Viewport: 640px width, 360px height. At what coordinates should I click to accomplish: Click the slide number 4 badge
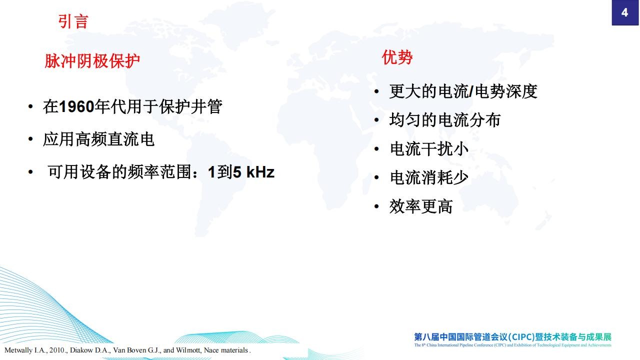pyautogui.click(x=625, y=12)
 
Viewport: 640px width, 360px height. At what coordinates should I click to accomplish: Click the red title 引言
pyautogui.click(x=73, y=21)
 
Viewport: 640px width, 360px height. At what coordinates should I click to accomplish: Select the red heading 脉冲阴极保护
pyautogui.click(x=92, y=61)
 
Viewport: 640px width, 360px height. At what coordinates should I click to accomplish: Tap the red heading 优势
pyautogui.click(x=397, y=57)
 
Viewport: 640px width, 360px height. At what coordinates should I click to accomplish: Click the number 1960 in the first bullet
pyautogui.click(x=76, y=106)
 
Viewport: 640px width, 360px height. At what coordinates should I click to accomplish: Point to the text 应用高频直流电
pyautogui.click(x=98, y=139)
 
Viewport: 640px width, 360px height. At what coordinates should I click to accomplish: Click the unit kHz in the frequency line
pyautogui.click(x=260, y=172)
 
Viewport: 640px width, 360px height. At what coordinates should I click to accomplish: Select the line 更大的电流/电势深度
pyautogui.click(x=463, y=91)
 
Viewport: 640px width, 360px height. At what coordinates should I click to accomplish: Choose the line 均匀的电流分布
pyautogui.click(x=445, y=119)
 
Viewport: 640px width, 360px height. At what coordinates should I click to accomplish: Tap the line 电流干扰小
pyautogui.click(x=429, y=149)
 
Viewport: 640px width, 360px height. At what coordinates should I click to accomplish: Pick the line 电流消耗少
pyautogui.click(x=429, y=177)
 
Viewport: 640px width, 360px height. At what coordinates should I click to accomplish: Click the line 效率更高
pyautogui.click(x=421, y=206)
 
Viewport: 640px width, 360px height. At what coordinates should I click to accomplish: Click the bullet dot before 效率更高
pyautogui.click(x=376, y=206)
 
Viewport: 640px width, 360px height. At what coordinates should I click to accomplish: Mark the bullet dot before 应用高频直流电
pyautogui.click(x=30, y=139)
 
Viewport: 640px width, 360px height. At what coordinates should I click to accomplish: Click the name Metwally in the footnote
pyautogui.click(x=18, y=350)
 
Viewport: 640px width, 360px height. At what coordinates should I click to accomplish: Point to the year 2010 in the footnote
pyautogui.click(x=57, y=350)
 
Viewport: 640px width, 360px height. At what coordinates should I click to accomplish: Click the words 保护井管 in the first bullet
pyautogui.click(x=190, y=106)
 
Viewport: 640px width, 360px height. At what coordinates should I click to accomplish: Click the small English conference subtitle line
pyautogui.click(x=513, y=345)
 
